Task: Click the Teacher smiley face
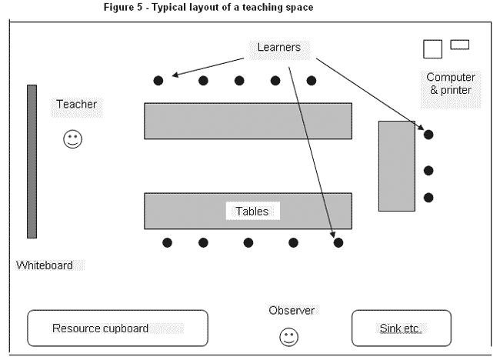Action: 72,139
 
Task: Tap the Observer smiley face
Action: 288,336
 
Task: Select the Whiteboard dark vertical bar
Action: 32,161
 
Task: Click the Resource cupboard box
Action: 118,328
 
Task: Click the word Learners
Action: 278,48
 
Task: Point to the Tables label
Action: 252,211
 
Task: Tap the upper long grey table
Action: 248,121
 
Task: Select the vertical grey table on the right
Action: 396,165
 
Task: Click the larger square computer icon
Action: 432,48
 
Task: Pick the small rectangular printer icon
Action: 460,45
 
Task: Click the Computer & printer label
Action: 450,84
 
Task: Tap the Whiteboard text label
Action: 45,265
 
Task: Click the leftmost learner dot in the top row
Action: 158,80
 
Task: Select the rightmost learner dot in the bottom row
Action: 338,242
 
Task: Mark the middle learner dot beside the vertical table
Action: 428,170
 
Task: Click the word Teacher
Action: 77,104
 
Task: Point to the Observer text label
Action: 292,310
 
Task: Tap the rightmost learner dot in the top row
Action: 312,80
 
